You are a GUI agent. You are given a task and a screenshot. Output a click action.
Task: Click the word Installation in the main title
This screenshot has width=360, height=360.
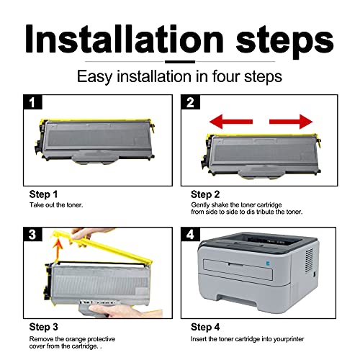125,39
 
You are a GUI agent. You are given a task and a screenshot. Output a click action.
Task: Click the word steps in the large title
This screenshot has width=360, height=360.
285,42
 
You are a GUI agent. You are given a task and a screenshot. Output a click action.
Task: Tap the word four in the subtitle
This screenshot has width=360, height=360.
226,76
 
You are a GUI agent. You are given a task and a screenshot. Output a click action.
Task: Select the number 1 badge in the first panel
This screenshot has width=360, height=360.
32,102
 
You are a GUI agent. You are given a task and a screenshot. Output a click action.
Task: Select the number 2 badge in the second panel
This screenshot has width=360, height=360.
190,102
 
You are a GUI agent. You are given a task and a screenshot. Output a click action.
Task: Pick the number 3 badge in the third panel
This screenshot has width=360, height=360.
32,234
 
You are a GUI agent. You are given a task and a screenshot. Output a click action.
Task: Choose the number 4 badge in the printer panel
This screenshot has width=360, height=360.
190,234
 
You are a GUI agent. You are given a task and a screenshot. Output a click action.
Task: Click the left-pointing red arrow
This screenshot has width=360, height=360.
231,122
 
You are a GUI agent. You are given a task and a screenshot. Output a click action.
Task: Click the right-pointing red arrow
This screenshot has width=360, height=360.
291,122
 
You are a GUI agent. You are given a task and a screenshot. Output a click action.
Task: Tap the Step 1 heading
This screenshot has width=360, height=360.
43,194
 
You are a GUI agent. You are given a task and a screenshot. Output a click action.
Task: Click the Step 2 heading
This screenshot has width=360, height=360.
205,194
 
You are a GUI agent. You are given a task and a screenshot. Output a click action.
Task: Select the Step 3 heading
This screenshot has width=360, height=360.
43,327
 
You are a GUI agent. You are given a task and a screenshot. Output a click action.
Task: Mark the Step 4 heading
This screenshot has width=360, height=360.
205,327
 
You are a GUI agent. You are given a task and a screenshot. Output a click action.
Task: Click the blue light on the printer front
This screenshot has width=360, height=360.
268,264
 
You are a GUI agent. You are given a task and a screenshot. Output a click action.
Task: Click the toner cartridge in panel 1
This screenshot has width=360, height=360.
95,141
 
